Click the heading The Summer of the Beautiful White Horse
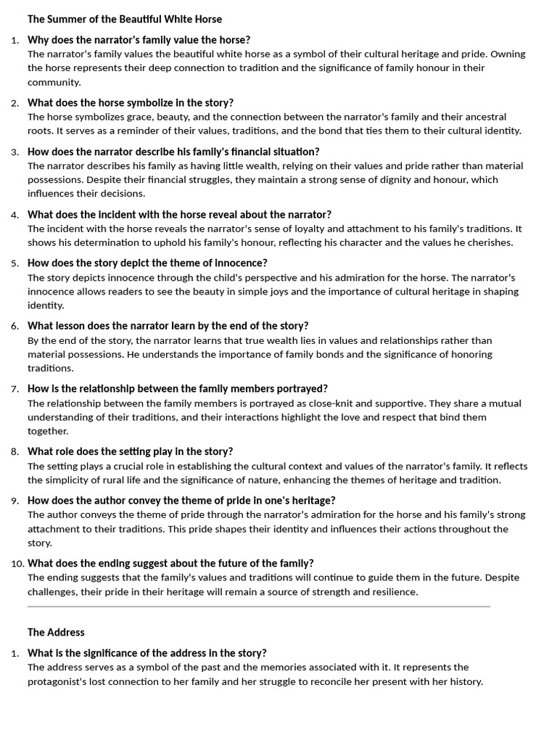coord(125,19)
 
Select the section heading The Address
coord(56,632)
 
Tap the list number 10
coord(17,564)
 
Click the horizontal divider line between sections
coord(259,606)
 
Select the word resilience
coord(393,592)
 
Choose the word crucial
coord(127,467)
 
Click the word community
coord(54,82)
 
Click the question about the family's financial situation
coord(173,152)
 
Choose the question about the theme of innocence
coord(147,263)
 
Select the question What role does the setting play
coord(131,451)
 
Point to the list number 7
coord(15,389)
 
